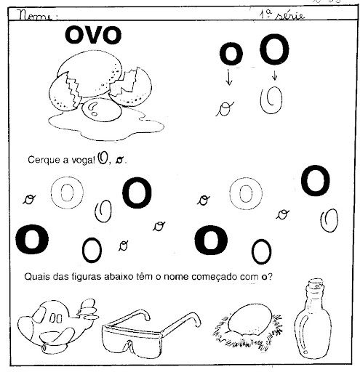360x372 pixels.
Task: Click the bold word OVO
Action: [93, 36]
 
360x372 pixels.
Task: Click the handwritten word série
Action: [290, 15]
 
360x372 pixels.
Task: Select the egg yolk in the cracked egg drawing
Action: [101, 110]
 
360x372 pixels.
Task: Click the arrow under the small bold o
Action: [228, 77]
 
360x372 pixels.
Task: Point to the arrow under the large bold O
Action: [274, 75]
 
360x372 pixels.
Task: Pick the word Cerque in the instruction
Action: [43, 161]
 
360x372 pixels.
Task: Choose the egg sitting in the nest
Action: [250, 320]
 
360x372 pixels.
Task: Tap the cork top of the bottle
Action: [316, 285]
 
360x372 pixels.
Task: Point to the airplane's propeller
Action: [88, 310]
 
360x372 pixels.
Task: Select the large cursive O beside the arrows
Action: [271, 100]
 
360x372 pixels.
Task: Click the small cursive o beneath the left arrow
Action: [225, 109]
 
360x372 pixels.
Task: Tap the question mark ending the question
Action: [270, 276]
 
